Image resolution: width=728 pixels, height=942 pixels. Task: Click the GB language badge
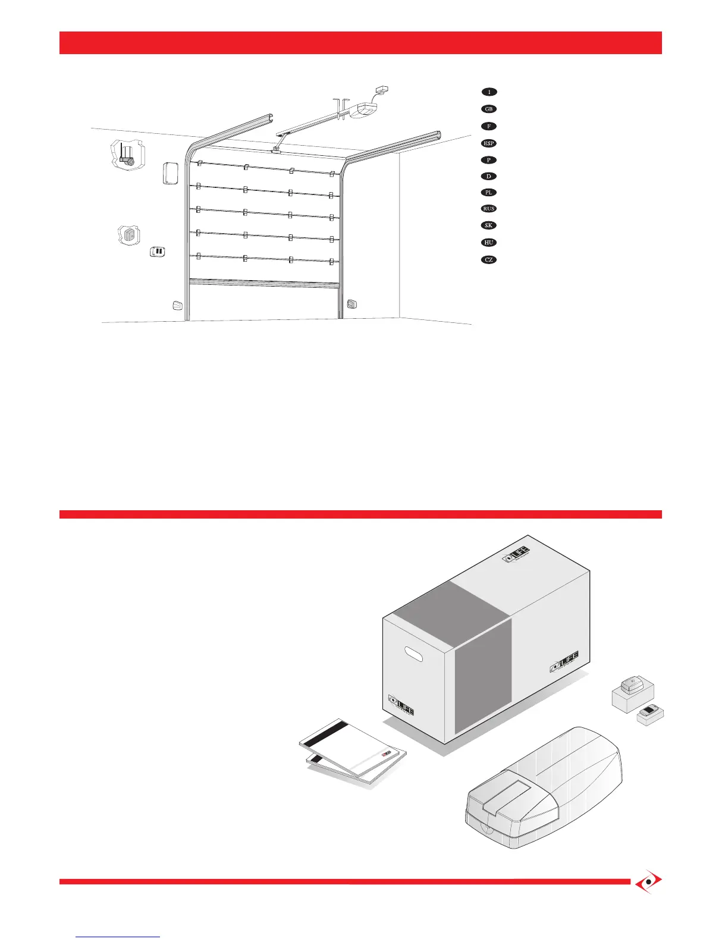[489, 109]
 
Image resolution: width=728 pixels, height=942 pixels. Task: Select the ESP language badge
[489, 143]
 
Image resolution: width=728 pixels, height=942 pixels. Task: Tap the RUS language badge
[489, 209]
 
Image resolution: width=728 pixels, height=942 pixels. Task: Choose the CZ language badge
[489, 260]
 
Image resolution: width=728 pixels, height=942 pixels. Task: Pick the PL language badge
[489, 193]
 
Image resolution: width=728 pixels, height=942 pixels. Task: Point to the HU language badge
[489, 243]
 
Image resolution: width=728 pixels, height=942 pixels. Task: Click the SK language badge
[489, 225]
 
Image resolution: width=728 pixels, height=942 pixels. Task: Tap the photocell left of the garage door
[177, 306]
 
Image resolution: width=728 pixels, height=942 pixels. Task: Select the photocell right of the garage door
[352, 304]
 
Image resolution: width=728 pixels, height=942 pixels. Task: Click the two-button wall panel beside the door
[158, 252]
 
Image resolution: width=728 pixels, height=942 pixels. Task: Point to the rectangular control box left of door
[170, 173]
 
